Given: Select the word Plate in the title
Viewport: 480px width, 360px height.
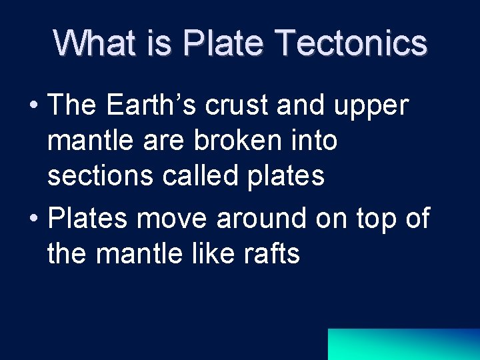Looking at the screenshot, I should click(223, 43).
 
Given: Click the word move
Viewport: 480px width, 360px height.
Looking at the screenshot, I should click(173, 219).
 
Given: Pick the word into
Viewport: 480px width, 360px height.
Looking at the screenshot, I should click(313, 141).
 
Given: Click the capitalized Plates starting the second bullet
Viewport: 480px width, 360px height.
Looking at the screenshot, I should click(87, 219).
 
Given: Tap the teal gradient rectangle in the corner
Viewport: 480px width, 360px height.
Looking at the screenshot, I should click(403, 344).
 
